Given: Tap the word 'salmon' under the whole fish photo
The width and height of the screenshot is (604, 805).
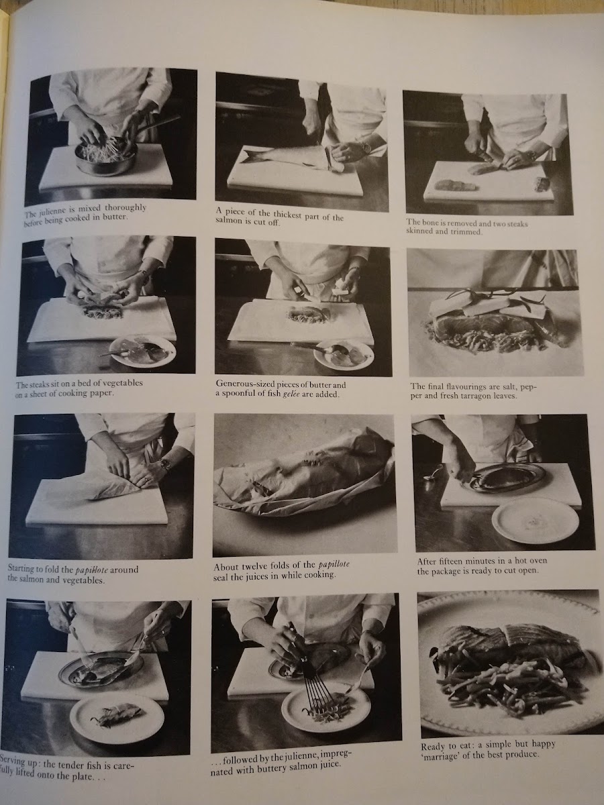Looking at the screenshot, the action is coord(228,221).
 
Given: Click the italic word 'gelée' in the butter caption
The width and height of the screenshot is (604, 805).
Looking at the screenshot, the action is coord(292,395).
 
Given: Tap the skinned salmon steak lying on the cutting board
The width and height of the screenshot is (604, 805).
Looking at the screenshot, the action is coord(453,185).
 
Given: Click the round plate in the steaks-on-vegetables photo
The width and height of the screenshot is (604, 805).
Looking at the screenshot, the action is coord(142,352).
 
